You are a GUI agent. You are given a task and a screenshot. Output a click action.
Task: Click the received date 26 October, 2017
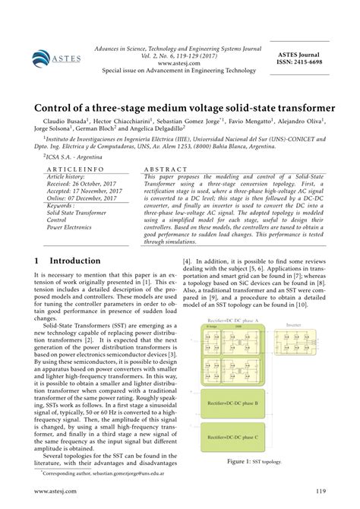79,186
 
